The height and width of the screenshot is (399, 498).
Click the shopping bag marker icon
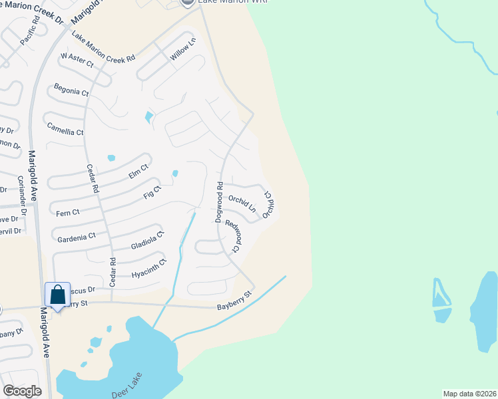point(58,294)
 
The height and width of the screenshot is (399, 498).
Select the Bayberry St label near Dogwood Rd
point(235,300)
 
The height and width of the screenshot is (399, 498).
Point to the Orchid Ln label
point(242,203)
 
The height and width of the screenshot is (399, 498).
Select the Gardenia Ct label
point(77,236)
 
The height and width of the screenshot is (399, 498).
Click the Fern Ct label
point(68,213)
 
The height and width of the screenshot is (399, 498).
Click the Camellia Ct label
point(64,128)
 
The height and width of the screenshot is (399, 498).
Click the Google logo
point(22,391)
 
